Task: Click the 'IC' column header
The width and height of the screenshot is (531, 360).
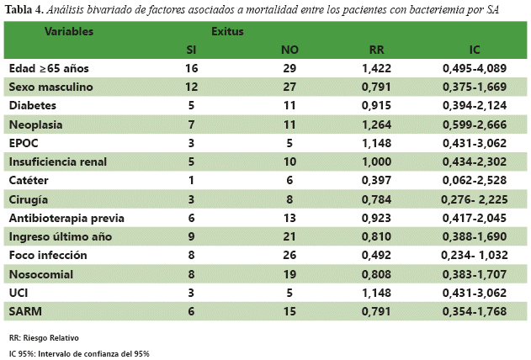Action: click(x=475, y=50)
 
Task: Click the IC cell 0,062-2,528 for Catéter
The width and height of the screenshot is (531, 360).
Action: click(x=475, y=180)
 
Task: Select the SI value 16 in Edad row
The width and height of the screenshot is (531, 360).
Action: click(x=191, y=68)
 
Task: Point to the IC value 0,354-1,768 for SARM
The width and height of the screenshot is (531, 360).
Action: click(x=475, y=310)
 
